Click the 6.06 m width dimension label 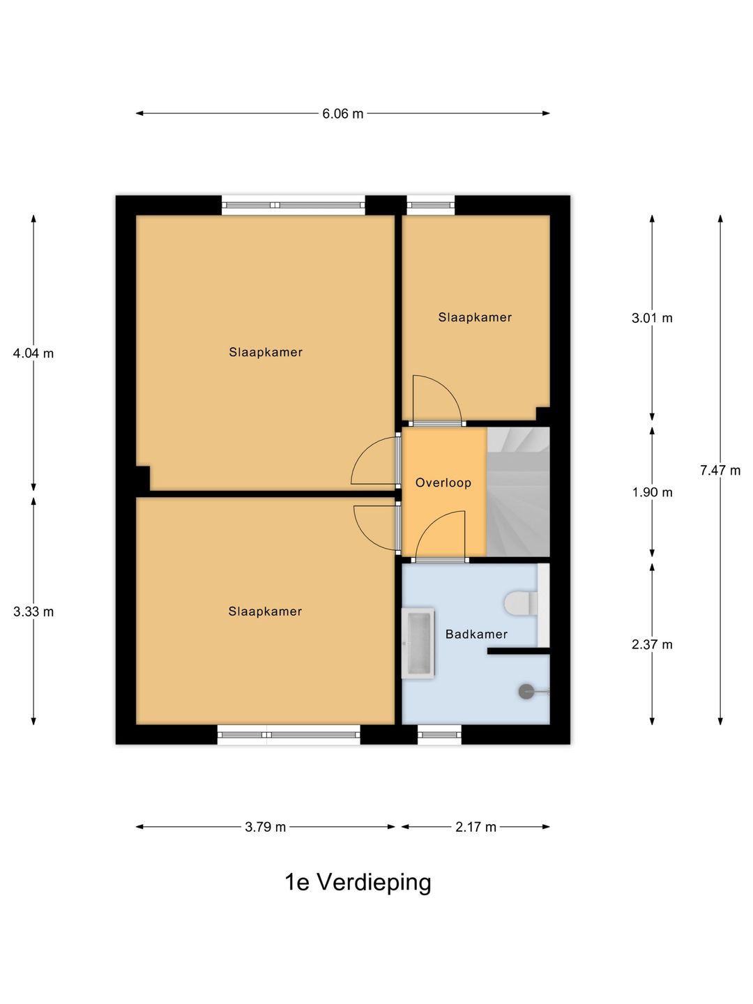click(x=342, y=114)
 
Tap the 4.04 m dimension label click(x=33, y=353)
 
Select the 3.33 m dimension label click(x=33, y=611)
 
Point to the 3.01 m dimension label click(x=652, y=318)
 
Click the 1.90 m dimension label click(x=652, y=492)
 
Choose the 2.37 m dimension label click(x=652, y=644)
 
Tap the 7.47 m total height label click(x=720, y=470)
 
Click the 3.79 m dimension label click(x=265, y=827)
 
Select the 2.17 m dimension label click(x=476, y=827)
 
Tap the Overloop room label click(x=443, y=482)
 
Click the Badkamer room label click(x=476, y=634)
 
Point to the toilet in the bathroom click(x=522, y=604)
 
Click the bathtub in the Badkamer click(x=418, y=644)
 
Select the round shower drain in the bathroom click(x=526, y=691)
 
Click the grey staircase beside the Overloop click(x=518, y=492)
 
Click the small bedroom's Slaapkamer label click(x=475, y=317)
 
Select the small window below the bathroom click(x=439, y=735)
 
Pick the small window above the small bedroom click(x=431, y=206)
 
